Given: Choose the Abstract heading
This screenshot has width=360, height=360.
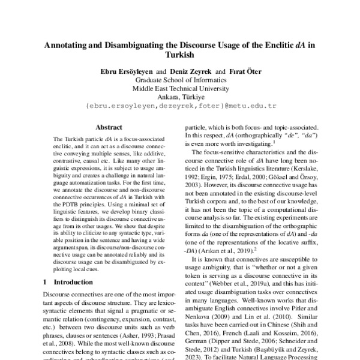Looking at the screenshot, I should [x=109, y=127].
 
